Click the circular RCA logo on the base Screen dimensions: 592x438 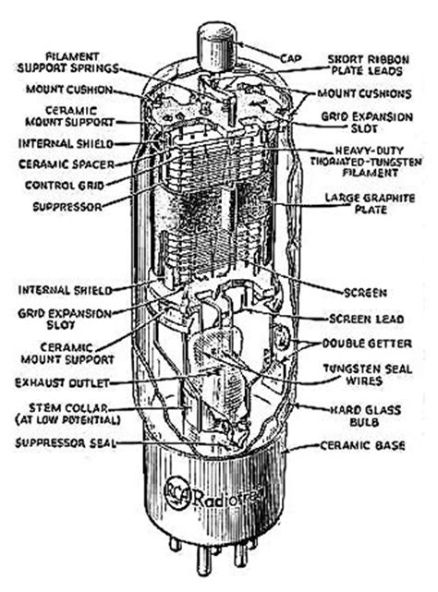pyautogui.click(x=178, y=492)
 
